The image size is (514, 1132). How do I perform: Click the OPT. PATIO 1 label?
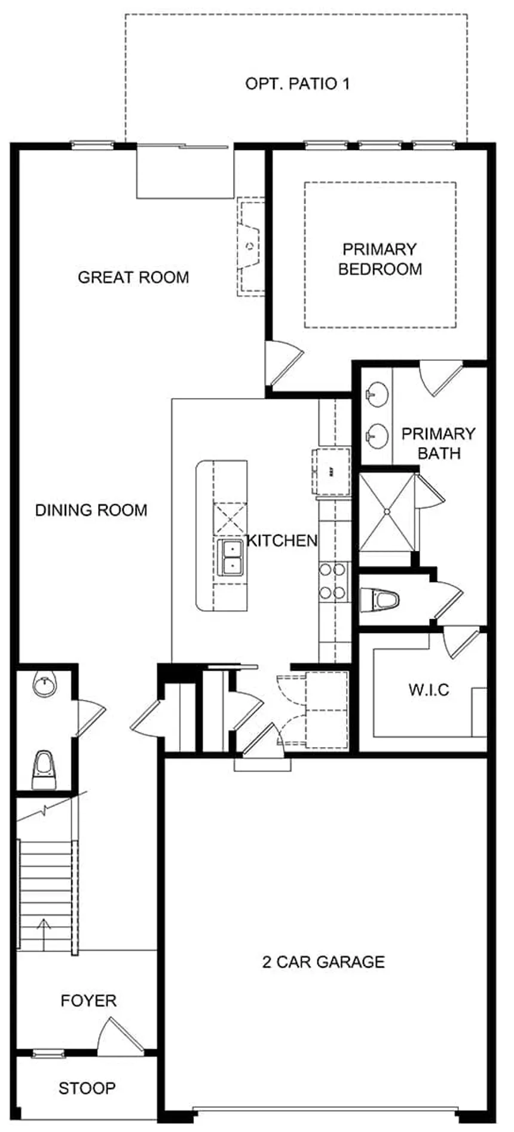point(297,84)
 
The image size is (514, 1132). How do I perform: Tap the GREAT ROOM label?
point(133,277)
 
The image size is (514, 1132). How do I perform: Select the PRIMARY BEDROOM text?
point(380,259)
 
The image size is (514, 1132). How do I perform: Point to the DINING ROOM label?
point(91,510)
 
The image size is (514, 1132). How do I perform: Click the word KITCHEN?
point(282,541)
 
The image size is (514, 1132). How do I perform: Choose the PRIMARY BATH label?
point(439,443)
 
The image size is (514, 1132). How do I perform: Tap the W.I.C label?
point(429,690)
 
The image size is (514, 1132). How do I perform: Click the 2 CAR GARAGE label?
point(323,962)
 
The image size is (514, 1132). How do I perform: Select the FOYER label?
point(88,1001)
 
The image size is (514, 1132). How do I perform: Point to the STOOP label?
point(87,1088)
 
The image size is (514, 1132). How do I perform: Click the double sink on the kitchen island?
point(230,557)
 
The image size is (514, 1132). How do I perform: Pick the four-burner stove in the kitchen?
point(333,581)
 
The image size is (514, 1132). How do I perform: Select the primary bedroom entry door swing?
point(283,361)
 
